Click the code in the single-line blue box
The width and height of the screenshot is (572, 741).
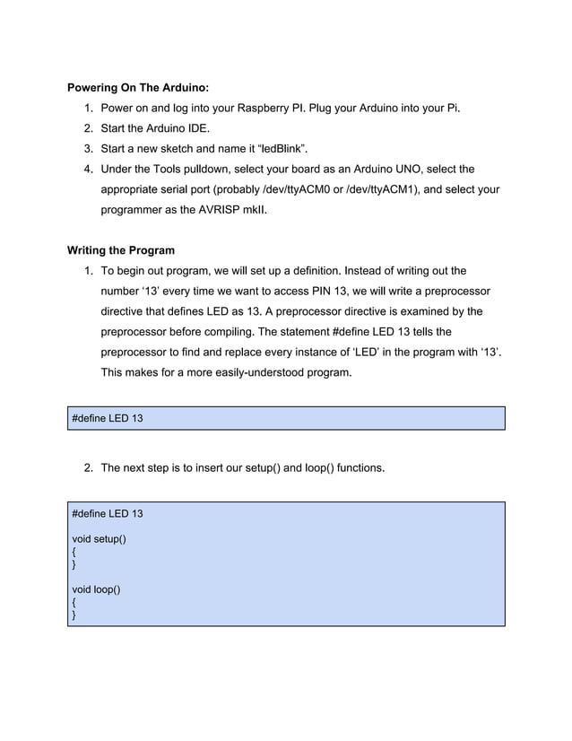pos(107,419)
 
